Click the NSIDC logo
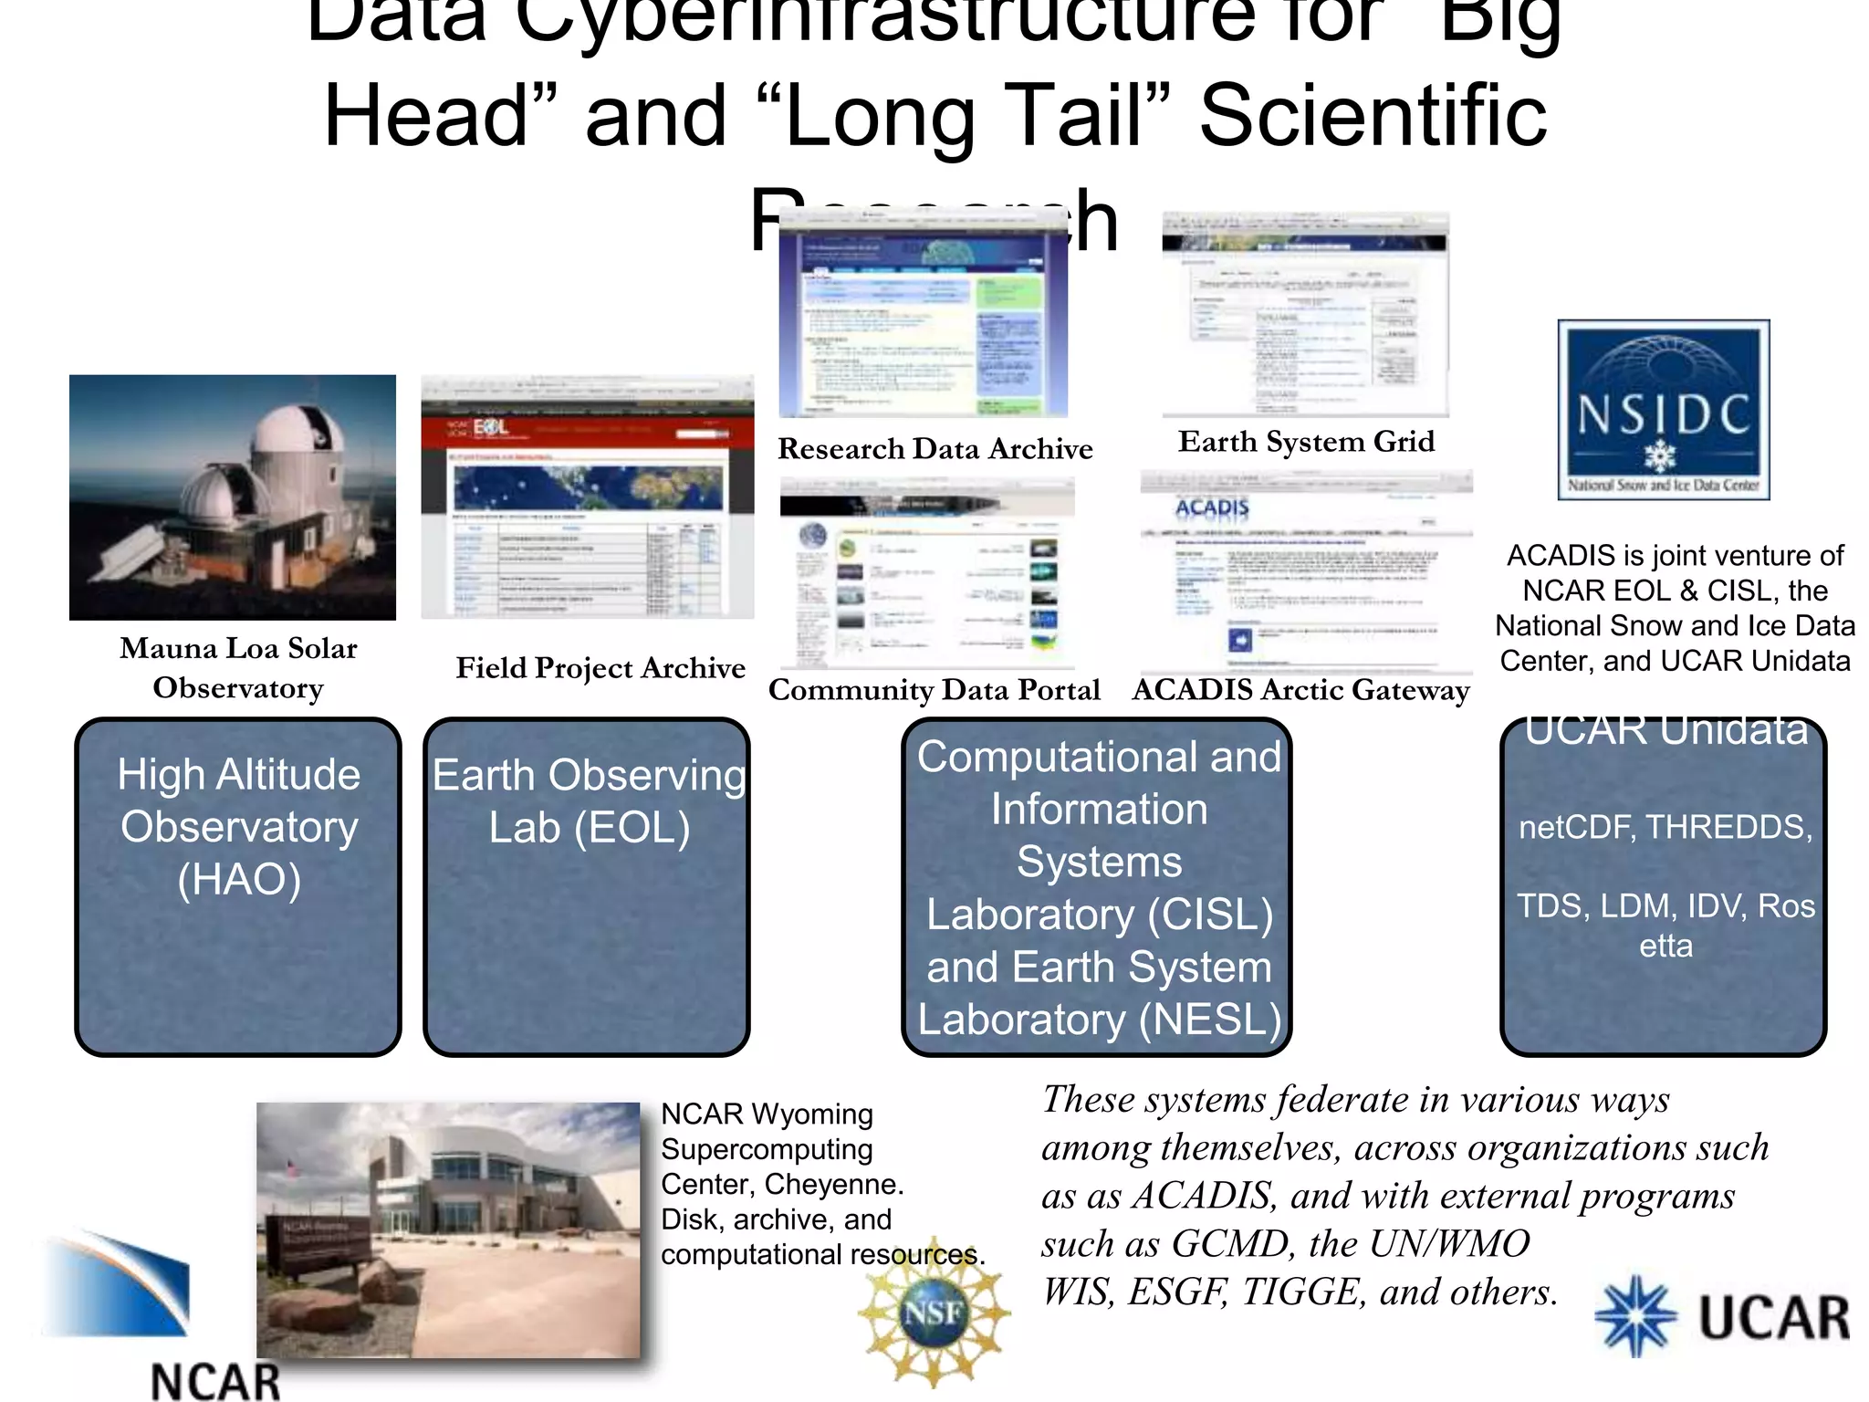pos(1663,409)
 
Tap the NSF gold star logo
pos(933,1313)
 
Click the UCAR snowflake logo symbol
pos(1635,1315)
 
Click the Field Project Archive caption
pos(600,667)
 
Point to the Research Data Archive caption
pos(934,448)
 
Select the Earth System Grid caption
pos(1306,442)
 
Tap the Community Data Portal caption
pos(934,689)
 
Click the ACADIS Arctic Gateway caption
pos(1300,689)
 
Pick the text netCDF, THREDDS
pos(1665,827)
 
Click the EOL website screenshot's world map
pos(589,487)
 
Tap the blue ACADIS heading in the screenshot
pos(1211,507)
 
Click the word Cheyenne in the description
pos(833,1184)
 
